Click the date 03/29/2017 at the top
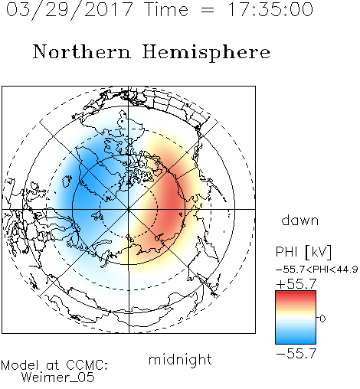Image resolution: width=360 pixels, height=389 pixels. pyautogui.click(x=69, y=10)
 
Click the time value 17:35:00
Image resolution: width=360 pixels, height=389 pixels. pyautogui.click(x=270, y=9)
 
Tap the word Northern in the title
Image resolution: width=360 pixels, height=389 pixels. pyautogui.click(x=82, y=51)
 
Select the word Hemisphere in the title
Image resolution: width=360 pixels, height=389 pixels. pyautogui.click(x=206, y=53)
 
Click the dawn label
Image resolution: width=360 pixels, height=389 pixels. pyautogui.click(x=300, y=220)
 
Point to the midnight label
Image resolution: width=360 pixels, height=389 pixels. pyautogui.click(x=180, y=359)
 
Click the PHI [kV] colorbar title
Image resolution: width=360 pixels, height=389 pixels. pyautogui.click(x=304, y=252)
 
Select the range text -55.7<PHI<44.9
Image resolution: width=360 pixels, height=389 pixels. pyautogui.click(x=316, y=270)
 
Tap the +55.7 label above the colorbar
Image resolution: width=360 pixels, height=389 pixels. pyautogui.click(x=296, y=284)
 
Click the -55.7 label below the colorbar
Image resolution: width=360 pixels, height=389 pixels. pyautogui.click(x=296, y=354)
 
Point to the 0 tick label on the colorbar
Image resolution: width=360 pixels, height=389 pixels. pyautogui.click(x=322, y=319)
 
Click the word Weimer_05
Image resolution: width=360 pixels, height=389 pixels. pyautogui.click(x=58, y=378)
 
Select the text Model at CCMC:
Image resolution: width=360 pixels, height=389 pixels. pyautogui.click(x=54, y=365)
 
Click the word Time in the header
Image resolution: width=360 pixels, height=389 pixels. pyautogui.click(x=166, y=9)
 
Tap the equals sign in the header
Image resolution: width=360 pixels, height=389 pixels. pyautogui.click(x=208, y=10)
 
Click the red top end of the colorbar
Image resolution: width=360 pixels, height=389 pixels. pyautogui.click(x=296, y=293)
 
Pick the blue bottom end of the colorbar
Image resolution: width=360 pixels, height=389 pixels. pyautogui.click(x=296, y=342)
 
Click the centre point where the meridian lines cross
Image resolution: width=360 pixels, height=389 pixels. pyautogui.click(x=129, y=209)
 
